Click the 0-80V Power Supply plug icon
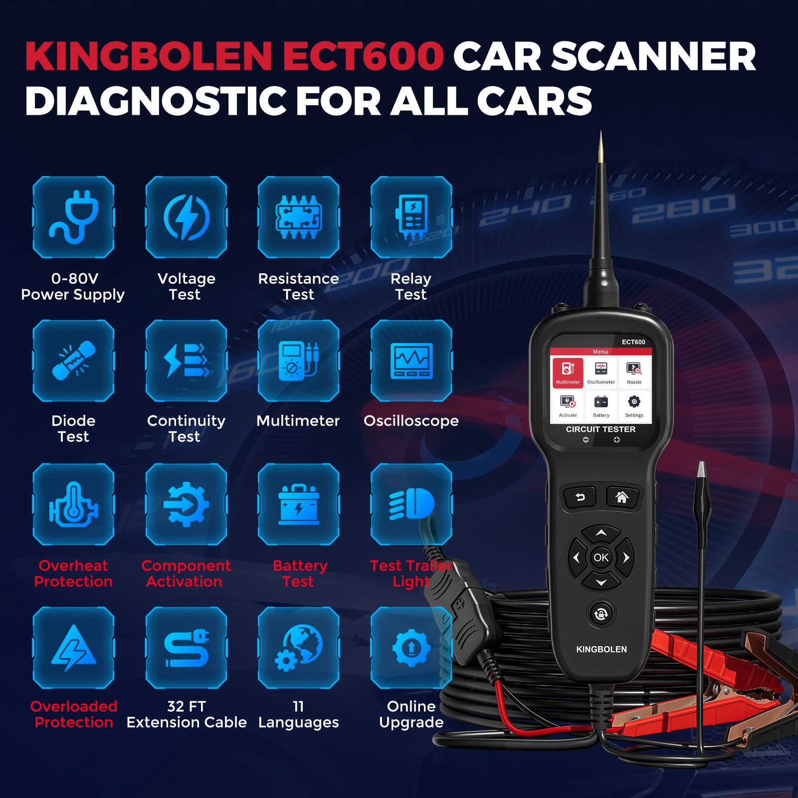tap(73, 217)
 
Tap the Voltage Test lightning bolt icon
tap(186, 217)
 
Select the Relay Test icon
tap(411, 217)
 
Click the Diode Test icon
tap(73, 361)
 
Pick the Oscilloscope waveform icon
tap(411, 361)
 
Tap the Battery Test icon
tap(299, 504)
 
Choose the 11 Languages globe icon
tap(299, 648)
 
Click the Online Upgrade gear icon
tap(411, 648)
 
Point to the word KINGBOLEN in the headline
tap(149, 56)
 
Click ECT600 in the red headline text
tap(363, 56)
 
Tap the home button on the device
tap(622, 497)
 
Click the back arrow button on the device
tap(580, 497)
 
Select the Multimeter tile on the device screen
tap(568, 372)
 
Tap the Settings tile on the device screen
tap(634, 405)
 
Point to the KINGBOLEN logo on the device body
tap(601, 649)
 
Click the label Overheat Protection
tap(73, 574)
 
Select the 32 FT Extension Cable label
tap(187, 714)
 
